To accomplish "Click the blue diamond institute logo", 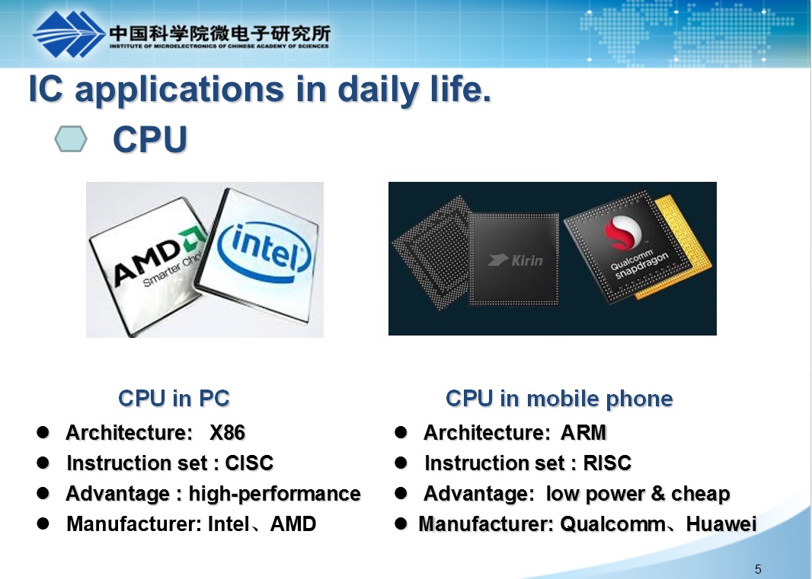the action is (x=69, y=34).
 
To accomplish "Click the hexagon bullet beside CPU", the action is (x=71, y=138).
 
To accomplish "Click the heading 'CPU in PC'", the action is (x=174, y=399).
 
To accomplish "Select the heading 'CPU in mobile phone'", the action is (x=559, y=399).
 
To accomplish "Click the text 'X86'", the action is (x=227, y=433).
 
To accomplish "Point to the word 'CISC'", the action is (x=249, y=463).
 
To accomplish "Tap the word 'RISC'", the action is (x=607, y=463).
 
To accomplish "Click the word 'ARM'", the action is (x=583, y=433).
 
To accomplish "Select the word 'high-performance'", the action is (x=274, y=494).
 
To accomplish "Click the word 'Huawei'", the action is (x=721, y=524).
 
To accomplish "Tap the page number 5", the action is (x=758, y=569).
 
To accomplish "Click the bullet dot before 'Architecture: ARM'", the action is (x=401, y=432).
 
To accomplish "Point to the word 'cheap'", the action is (x=701, y=494).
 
